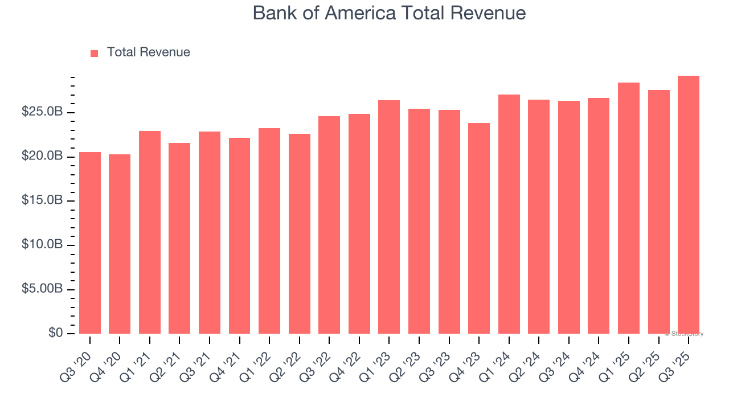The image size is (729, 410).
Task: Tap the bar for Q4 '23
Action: [x=479, y=228]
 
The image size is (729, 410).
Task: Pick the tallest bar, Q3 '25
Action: [x=689, y=205]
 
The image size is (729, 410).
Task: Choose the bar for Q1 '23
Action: [x=389, y=217]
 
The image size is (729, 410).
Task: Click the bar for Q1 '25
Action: [x=629, y=208]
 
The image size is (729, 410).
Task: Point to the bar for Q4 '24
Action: [x=599, y=216]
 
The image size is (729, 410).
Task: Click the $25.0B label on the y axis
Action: [x=42, y=112]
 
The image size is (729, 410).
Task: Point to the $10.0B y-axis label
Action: [x=42, y=245]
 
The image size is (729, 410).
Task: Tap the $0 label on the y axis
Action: [x=55, y=333]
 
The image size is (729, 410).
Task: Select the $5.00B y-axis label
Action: [x=42, y=289]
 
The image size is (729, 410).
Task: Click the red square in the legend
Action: [x=95, y=53]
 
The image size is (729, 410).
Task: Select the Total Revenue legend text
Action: [x=148, y=52]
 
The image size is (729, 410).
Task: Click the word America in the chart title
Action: [x=360, y=13]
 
